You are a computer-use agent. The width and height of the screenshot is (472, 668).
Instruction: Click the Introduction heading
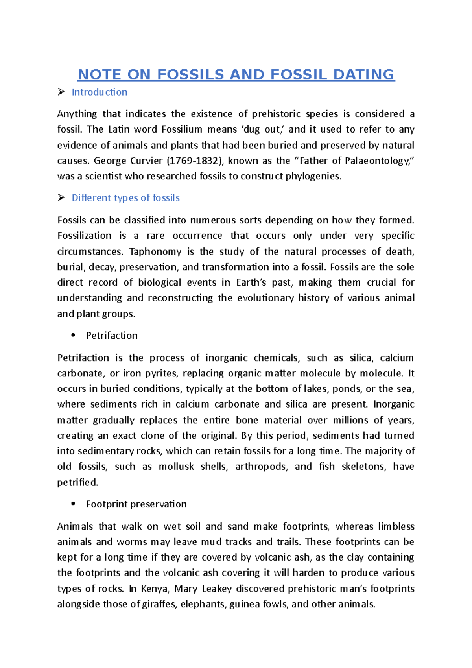[x=99, y=92]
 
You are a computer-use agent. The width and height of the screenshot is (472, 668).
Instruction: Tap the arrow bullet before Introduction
[x=61, y=92]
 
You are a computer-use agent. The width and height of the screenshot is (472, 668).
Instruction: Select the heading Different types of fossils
[x=125, y=198]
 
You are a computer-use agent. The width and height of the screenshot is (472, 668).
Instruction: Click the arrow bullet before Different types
[x=61, y=198]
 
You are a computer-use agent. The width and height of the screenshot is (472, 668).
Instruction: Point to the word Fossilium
[x=182, y=129]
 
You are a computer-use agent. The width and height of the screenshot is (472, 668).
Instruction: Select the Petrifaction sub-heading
[x=112, y=336]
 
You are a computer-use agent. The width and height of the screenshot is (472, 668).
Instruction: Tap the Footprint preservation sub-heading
[x=136, y=504]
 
